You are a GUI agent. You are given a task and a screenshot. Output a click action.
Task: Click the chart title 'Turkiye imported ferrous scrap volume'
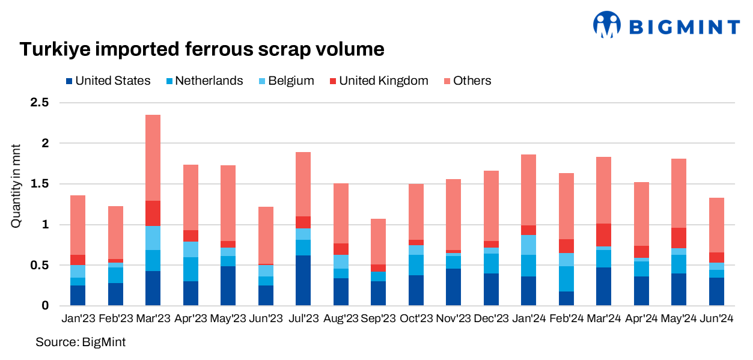click(202, 49)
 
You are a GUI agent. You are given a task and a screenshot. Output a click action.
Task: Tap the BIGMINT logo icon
click(606, 25)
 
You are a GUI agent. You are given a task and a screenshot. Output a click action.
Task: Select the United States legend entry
click(108, 81)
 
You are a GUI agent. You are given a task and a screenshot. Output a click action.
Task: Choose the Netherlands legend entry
click(204, 81)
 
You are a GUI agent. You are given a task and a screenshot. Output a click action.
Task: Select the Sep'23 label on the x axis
click(378, 317)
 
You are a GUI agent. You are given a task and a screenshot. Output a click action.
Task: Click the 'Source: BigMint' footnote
click(81, 342)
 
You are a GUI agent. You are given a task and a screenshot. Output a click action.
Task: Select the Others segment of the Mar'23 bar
click(153, 157)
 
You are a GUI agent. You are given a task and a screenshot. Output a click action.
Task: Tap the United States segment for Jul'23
click(303, 280)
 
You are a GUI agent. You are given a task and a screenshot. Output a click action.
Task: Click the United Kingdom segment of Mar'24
click(603, 235)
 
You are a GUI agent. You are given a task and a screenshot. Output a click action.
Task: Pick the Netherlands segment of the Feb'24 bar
click(566, 279)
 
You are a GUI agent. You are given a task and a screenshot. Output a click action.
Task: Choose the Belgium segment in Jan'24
click(528, 245)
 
